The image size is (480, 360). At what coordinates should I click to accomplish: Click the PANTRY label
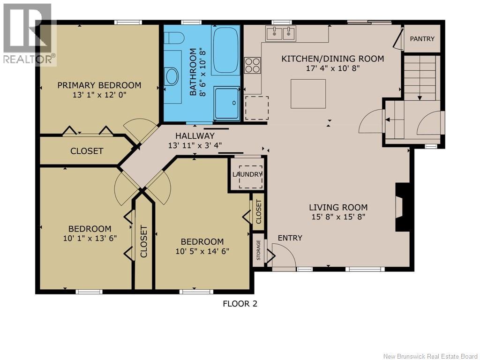[x=422, y=39]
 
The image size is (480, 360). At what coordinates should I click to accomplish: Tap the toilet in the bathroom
[x=173, y=38]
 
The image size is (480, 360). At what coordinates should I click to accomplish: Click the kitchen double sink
[x=281, y=33]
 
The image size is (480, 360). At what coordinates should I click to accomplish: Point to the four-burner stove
[x=253, y=65]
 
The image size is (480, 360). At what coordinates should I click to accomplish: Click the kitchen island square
[x=308, y=94]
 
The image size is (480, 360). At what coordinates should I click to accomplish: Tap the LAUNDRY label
[x=247, y=174]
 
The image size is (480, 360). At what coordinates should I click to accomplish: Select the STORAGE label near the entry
[x=258, y=250]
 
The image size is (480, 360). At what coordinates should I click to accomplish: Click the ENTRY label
[x=290, y=238]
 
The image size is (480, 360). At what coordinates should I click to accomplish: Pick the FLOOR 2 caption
[x=240, y=304]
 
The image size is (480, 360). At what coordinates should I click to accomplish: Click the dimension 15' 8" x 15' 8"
[x=338, y=217]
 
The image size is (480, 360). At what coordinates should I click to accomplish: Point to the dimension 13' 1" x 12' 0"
[x=99, y=95]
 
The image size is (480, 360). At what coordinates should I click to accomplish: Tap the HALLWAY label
[x=195, y=135]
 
